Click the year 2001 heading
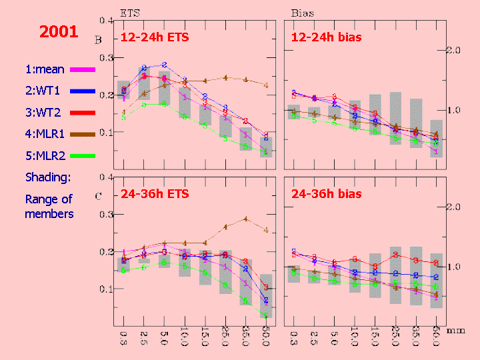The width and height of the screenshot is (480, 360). click(59, 31)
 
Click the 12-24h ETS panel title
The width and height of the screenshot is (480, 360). click(155, 37)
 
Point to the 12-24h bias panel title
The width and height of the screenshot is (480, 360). click(327, 37)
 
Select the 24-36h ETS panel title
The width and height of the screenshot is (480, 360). click(155, 194)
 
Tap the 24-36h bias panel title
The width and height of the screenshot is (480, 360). click(327, 194)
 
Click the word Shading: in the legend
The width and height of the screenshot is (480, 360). click(48, 177)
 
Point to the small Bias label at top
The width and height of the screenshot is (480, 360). click(303, 13)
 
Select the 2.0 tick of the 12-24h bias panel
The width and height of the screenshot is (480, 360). click(454, 51)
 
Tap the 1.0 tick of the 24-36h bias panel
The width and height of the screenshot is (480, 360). click(454, 267)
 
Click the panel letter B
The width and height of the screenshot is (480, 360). click(98, 40)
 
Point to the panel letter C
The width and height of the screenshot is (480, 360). click(98, 196)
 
